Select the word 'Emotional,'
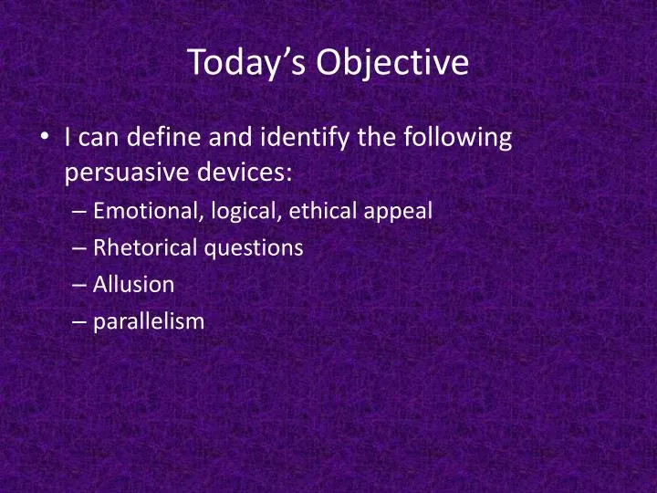click(149, 211)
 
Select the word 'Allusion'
click(133, 284)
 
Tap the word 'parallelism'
click(149, 320)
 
